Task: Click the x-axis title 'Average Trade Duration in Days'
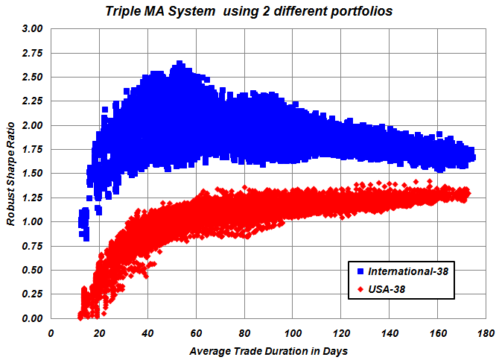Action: click(x=268, y=350)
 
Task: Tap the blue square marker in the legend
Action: click(x=360, y=271)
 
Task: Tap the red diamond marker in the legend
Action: click(x=360, y=288)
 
